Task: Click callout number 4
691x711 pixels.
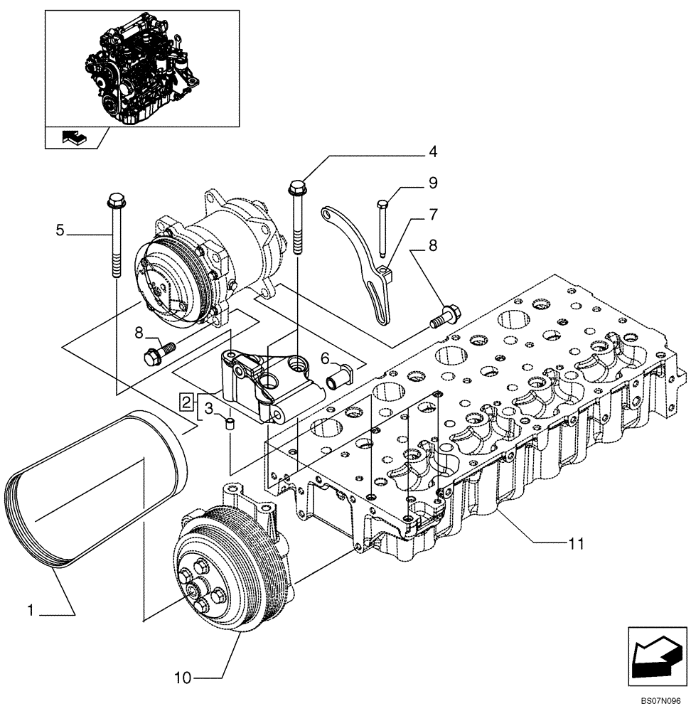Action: [432, 151]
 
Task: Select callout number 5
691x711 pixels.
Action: [60, 230]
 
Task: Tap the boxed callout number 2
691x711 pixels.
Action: [186, 402]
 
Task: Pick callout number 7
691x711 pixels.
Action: [433, 213]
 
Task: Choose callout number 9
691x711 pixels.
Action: [433, 183]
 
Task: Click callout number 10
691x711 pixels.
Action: [183, 678]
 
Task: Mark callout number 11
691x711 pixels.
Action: [576, 544]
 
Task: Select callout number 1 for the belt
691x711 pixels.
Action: [31, 609]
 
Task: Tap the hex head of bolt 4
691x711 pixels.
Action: [296, 188]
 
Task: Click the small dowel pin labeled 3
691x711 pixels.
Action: [230, 425]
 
